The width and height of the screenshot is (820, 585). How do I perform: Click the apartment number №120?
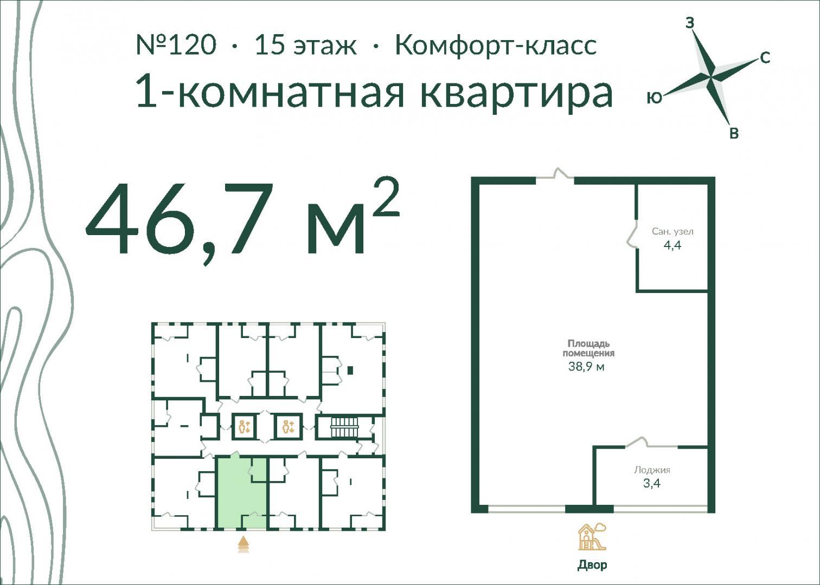pyautogui.click(x=176, y=45)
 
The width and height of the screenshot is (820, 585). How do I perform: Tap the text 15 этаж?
pyautogui.click(x=305, y=45)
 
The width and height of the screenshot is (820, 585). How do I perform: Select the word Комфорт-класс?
pyautogui.click(x=496, y=45)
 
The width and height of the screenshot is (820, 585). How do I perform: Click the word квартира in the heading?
pyautogui.click(x=516, y=92)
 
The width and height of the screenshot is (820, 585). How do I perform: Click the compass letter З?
pyautogui.click(x=690, y=23)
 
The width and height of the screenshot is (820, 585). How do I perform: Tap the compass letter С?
pyautogui.click(x=765, y=58)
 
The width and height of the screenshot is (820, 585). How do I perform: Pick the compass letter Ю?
pyautogui.click(x=655, y=97)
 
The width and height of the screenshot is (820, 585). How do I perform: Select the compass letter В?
pyautogui.click(x=734, y=133)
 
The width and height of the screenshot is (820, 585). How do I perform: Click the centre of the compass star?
pyautogui.click(x=710, y=77)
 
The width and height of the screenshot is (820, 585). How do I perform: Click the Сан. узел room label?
pyautogui.click(x=672, y=231)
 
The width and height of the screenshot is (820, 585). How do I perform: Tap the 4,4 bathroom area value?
pyautogui.click(x=672, y=245)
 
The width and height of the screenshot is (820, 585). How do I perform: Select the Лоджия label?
pyautogui.click(x=652, y=470)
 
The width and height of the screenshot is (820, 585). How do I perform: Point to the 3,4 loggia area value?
pyautogui.click(x=652, y=483)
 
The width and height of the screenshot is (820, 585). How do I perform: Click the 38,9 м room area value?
pyautogui.click(x=586, y=366)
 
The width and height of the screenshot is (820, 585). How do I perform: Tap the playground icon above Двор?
pyautogui.click(x=592, y=537)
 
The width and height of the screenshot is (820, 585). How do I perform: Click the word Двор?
pyautogui.click(x=592, y=565)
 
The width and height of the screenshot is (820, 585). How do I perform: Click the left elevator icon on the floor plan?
pyautogui.click(x=244, y=427)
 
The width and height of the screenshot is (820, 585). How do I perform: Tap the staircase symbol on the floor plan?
pyautogui.click(x=344, y=427)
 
